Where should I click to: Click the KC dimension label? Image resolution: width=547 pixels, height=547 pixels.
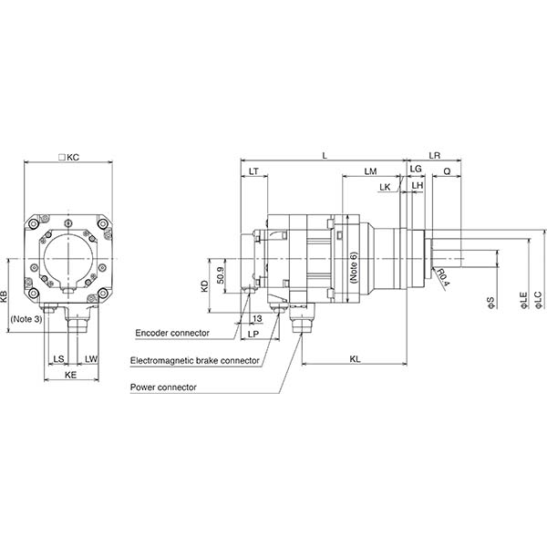pos(69,158)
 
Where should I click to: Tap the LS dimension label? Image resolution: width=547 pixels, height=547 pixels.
pos(58,358)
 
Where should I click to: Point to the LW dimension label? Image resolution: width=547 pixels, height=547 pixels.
pos(91,358)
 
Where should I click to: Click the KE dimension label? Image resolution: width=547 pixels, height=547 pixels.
pos(70,375)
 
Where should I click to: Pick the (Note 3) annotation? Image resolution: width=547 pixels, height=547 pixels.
pos(26,319)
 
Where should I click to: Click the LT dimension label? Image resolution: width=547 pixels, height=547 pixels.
pos(253,171)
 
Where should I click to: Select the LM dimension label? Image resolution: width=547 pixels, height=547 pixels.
pos(370,171)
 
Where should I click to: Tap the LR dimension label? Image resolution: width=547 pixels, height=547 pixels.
pos(434,156)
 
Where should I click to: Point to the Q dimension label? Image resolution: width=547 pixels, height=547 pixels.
pos(447,171)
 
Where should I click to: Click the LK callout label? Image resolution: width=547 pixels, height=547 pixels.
pos(385,187)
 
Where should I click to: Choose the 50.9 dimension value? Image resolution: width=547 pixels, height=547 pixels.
pos(220,275)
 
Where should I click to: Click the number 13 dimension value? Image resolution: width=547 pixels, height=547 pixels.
pos(257,318)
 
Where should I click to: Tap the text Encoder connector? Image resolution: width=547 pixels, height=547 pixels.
pos(172,333)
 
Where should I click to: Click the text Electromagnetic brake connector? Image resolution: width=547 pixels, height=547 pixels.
pos(195,360)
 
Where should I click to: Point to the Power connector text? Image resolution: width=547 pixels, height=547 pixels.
pos(163,387)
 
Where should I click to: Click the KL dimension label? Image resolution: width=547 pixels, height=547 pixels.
pos(355,359)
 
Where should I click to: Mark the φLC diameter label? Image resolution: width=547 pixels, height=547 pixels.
pos(539,300)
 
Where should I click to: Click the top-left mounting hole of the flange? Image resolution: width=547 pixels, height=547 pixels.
pos(33,223)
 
